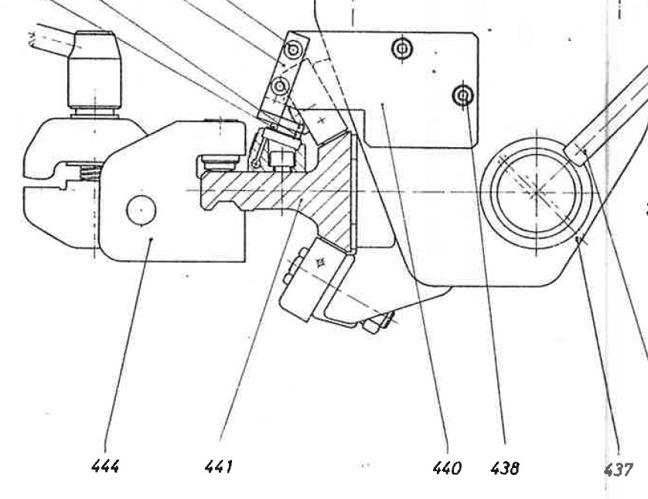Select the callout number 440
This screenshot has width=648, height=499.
click(x=447, y=468)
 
